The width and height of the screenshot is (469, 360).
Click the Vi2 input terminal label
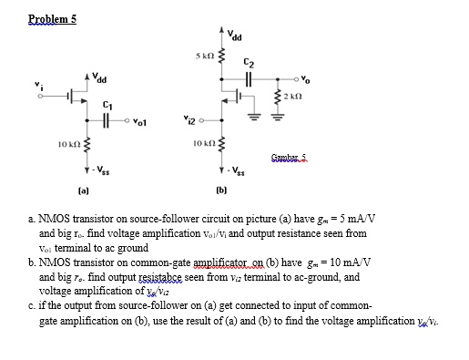pyautogui.click(x=189, y=117)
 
